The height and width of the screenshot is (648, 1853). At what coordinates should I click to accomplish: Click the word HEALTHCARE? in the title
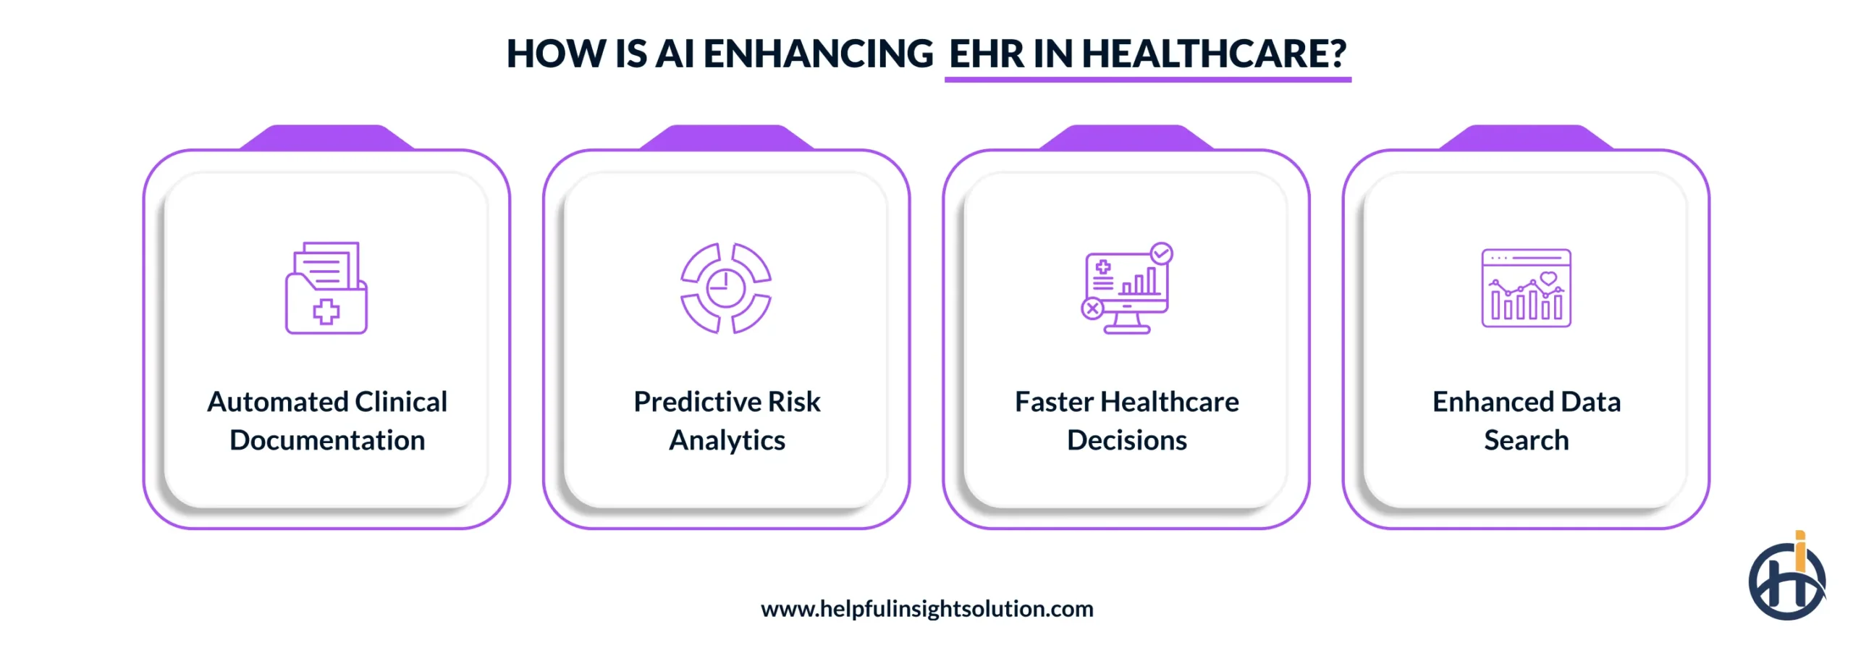1214,54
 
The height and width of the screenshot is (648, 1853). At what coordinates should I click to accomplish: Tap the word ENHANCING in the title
818,54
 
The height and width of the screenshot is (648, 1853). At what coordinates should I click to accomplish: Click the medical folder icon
326,288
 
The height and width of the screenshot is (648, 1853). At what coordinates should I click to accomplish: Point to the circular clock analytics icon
726,288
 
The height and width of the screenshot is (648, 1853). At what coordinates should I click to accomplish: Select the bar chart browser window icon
1526,288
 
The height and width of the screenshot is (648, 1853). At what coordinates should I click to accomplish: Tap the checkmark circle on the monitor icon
1161,253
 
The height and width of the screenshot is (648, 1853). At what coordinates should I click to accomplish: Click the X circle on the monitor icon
1092,309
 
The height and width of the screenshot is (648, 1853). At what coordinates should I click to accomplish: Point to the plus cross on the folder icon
326,311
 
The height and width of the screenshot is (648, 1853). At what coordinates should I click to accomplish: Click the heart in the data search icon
1548,278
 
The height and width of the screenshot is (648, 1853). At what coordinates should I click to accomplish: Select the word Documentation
327,440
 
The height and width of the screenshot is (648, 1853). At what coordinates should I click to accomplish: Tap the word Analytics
727,440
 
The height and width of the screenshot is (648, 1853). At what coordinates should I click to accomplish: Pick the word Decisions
1126,440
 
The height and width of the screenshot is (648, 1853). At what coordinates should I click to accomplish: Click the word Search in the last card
1526,440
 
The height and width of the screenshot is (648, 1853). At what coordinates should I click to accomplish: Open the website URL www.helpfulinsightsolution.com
926,609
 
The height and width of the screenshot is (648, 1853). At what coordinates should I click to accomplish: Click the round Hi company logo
1786,580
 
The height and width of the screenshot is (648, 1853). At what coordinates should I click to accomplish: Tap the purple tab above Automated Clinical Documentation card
327,137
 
